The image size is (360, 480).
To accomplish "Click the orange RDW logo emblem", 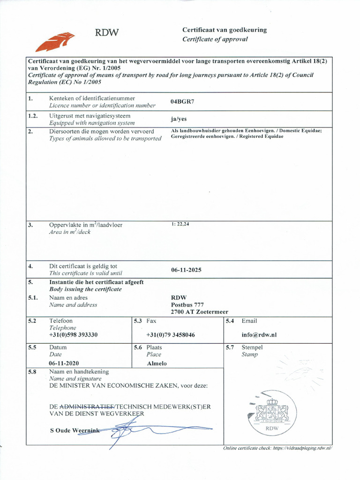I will [x=55, y=41].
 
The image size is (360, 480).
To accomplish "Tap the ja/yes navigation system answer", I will [x=179, y=119].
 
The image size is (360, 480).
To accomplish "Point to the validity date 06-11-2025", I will [x=187, y=270].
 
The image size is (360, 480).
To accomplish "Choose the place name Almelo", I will [x=157, y=363].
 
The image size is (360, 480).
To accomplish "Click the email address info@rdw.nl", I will [x=259, y=335].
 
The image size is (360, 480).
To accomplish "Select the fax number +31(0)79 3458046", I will [x=171, y=335].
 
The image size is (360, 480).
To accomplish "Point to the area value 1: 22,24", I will [x=180, y=224].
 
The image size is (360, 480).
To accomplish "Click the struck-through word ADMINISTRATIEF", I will [x=87, y=406].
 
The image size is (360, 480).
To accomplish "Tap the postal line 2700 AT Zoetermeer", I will [x=199, y=312].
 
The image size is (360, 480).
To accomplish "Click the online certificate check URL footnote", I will [x=277, y=448].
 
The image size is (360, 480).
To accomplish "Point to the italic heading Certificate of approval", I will [x=215, y=39].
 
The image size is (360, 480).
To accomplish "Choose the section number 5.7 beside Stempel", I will [x=230, y=347].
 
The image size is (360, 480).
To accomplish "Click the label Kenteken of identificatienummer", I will [x=92, y=98].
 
